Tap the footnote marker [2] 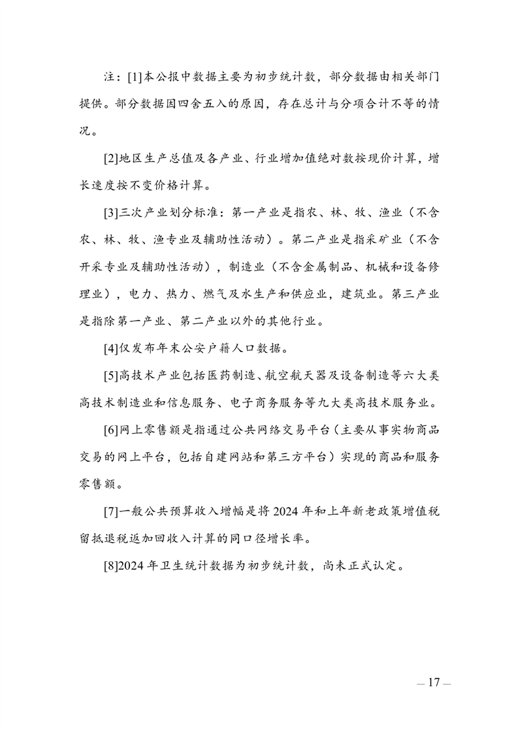[111, 159]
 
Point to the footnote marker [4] [111, 348]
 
